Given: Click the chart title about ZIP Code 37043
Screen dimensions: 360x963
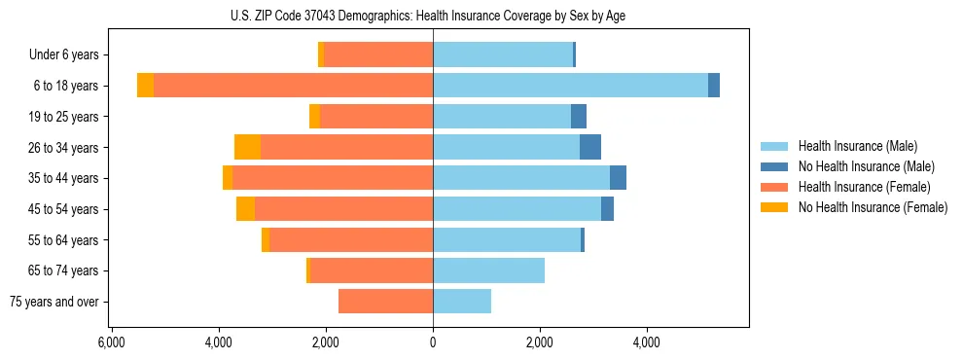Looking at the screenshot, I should tap(433, 16).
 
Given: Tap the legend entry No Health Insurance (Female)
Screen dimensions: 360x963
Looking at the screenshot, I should tap(873, 207).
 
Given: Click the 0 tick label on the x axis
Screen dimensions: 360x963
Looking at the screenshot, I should tap(433, 342).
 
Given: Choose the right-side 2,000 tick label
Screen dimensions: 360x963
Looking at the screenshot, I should tap(540, 342).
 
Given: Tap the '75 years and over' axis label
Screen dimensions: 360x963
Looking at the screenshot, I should tap(54, 302).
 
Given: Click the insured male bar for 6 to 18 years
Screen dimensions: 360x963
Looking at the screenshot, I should tap(570, 86).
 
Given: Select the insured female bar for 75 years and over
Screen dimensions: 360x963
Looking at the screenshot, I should tap(385, 302).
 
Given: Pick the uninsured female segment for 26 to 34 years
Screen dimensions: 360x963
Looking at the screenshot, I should tap(247, 147).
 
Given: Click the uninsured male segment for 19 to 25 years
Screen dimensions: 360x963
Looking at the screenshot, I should tap(579, 117).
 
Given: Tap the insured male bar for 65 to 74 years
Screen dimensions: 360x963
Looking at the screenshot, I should tap(488, 270).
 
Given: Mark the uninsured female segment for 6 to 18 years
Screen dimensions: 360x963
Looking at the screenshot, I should tap(145, 86).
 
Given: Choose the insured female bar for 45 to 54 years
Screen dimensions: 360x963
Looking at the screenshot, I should tap(343, 209).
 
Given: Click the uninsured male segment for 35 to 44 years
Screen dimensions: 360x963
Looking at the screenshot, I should tap(618, 178).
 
